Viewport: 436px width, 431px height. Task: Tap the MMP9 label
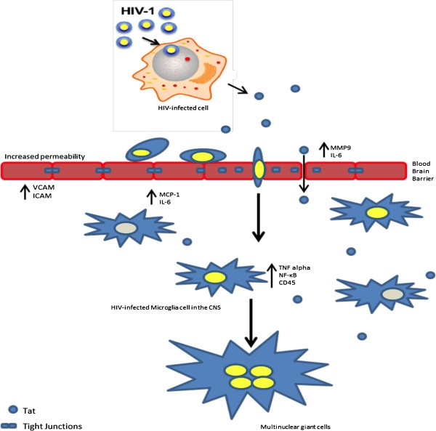click(335, 144)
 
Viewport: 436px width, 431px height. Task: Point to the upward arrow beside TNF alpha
click(271, 275)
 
